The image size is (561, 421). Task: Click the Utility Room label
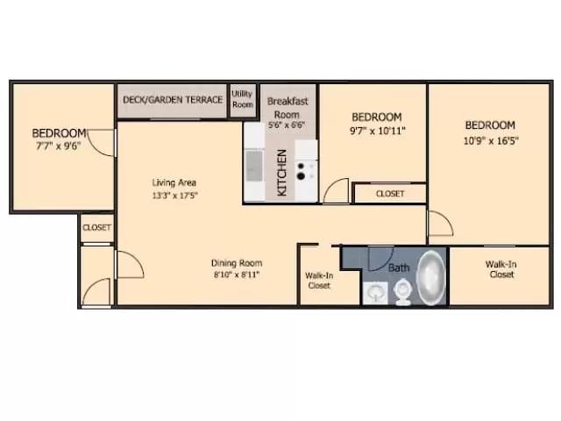pos(242,99)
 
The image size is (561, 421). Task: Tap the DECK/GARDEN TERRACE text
pos(172,100)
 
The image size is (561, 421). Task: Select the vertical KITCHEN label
pos(282,172)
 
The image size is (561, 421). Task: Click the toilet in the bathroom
pos(403,292)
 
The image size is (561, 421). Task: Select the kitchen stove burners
pos(305,168)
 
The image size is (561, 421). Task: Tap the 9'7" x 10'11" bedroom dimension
pos(376,132)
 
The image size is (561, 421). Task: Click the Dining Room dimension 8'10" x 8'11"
pos(236,275)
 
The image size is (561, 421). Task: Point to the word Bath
pos(399,267)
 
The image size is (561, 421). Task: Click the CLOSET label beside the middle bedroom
pos(389,194)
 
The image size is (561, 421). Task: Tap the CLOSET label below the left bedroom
pos(96,227)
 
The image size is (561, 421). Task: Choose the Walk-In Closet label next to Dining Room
pos(319,280)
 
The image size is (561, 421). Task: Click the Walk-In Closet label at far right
pos(501,269)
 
